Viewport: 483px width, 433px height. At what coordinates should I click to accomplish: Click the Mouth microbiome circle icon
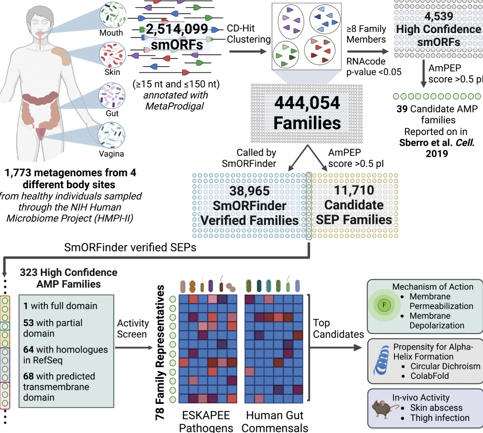point(112,15)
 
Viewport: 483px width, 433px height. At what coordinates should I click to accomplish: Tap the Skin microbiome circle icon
point(112,55)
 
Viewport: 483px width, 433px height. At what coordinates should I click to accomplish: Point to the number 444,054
point(307,103)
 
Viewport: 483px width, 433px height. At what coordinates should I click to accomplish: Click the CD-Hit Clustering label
point(248,34)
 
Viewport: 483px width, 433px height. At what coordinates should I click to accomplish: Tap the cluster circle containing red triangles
point(320,50)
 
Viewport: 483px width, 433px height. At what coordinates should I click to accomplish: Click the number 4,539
point(439,16)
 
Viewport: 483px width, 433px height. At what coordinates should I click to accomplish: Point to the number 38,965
point(249,191)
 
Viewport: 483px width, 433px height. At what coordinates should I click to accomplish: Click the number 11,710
point(354,190)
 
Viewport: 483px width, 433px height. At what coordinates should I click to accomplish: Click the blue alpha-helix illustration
point(382,360)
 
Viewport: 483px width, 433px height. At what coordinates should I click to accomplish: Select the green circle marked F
point(384,305)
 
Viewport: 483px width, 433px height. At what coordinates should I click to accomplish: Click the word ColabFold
point(429,376)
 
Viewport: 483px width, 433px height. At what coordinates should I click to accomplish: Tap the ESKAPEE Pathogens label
point(206,421)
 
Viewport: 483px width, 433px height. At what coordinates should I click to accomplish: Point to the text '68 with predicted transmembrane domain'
point(59,387)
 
